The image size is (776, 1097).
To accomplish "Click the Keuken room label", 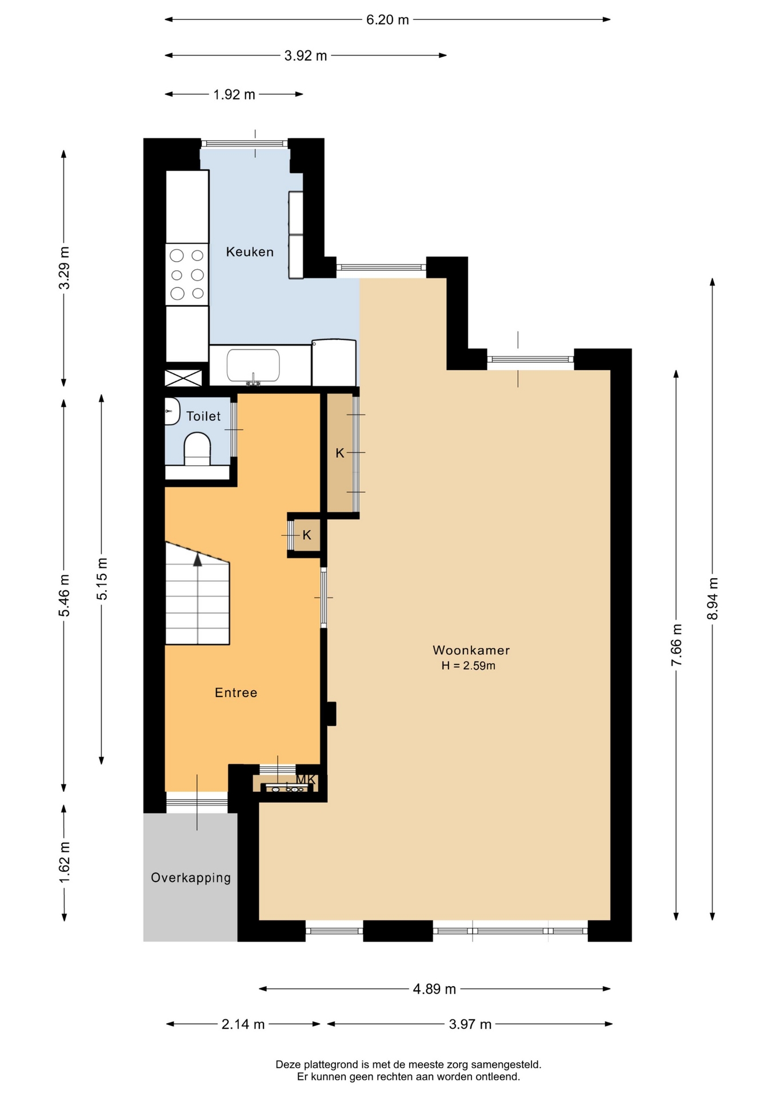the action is (250, 252).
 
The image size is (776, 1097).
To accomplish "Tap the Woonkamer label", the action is (471, 650).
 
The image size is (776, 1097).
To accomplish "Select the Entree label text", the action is (236, 692).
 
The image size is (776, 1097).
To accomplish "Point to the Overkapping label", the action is (191, 878).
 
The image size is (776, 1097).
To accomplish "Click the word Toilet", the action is (203, 416).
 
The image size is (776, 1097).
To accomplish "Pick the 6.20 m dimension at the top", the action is (387, 19).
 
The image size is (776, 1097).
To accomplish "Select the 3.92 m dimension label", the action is (306, 55).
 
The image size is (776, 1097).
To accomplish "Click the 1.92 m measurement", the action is (234, 94).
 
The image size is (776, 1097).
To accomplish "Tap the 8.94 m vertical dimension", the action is (713, 598).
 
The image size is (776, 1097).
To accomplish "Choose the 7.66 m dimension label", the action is (677, 644).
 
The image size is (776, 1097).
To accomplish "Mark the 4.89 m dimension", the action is (434, 989).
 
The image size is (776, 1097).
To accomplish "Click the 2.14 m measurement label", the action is (243, 1024).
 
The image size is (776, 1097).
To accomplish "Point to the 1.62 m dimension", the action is (64, 862).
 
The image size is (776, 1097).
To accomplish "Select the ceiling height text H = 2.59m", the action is (468, 666).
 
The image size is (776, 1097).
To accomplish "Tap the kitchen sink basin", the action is (253, 365).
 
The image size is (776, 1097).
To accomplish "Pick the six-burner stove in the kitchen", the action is (187, 275).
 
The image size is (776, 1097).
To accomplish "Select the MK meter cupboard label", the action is (306, 779).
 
